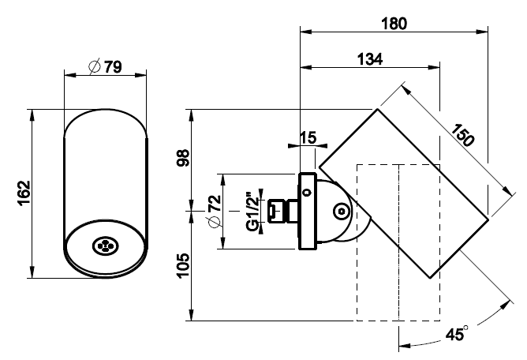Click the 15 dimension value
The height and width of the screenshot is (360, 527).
coord(308,138)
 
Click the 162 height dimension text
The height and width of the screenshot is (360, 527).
coord(23,192)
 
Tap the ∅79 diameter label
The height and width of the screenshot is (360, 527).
coord(104,67)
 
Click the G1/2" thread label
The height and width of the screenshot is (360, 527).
coord(251,211)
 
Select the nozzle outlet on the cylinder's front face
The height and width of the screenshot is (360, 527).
coord(104,246)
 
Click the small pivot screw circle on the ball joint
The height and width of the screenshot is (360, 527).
coord(339,212)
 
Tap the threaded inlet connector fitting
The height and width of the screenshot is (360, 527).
coord(278,211)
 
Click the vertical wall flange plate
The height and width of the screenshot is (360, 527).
coord(306,211)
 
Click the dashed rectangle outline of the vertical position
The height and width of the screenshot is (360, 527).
coord(359,300)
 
